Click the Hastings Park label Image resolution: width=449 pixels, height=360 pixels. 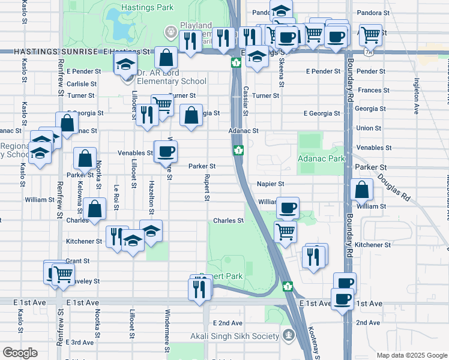click(x=147, y=8)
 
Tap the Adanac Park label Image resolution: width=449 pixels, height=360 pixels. click(x=321, y=159)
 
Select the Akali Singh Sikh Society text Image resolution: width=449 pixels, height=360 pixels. click(x=235, y=336)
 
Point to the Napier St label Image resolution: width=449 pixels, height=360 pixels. click(x=270, y=184)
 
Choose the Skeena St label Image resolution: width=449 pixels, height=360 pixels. click(x=282, y=77)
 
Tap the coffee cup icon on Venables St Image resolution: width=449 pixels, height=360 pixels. click(x=165, y=150)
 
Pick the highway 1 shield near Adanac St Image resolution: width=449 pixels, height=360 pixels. click(x=238, y=150)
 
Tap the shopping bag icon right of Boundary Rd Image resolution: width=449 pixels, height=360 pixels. click(x=363, y=190)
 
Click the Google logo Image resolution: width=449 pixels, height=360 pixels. click(x=20, y=352)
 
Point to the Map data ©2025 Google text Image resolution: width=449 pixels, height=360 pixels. click(x=412, y=355)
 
